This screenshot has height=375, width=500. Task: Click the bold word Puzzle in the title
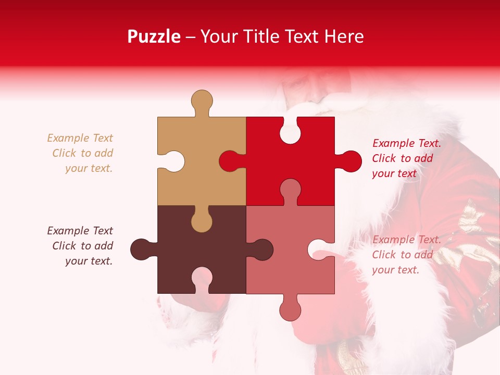click(154, 36)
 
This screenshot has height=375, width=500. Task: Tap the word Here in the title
click(343, 36)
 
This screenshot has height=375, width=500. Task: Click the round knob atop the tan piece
click(202, 100)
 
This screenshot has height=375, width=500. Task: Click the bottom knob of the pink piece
click(290, 310)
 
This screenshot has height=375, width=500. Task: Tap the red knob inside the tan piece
click(230, 161)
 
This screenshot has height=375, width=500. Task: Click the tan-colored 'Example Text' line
click(80, 138)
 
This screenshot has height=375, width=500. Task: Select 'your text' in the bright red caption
click(394, 173)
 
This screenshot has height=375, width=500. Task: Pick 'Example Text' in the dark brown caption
click(80, 231)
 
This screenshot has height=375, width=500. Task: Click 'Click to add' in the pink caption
click(402, 255)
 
